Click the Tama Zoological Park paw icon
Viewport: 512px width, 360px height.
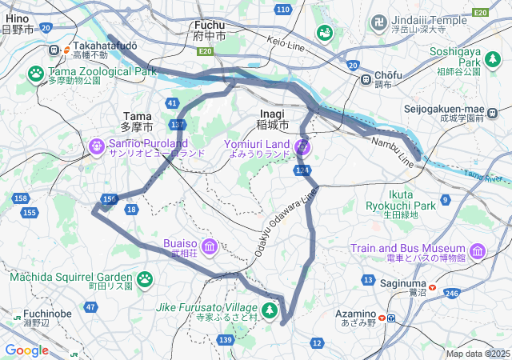coord(36,73)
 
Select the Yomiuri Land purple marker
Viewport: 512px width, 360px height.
coord(302,146)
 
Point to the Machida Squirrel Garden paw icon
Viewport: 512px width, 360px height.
coord(145,278)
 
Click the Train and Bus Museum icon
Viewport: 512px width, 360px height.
coord(478,253)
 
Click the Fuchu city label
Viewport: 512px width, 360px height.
coord(210,30)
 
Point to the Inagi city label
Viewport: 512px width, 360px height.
coord(273,119)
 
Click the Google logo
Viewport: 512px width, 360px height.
coord(26,350)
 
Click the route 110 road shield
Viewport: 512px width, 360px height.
coord(283,10)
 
